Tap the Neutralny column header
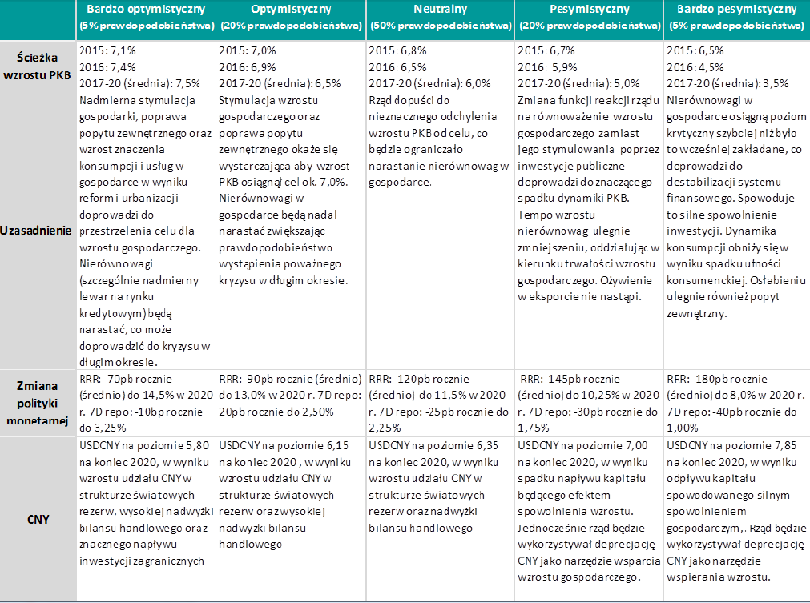click(x=440, y=10)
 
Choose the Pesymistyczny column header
click(x=589, y=10)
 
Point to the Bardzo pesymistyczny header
click(x=736, y=10)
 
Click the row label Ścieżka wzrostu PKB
click(x=38, y=66)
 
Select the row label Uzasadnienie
click(x=38, y=230)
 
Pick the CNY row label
click(x=38, y=519)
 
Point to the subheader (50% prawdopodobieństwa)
click(x=440, y=26)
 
